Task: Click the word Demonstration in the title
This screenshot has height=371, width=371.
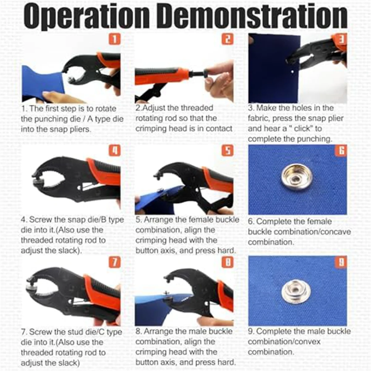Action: click(x=254, y=16)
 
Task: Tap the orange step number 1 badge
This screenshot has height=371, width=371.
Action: click(x=114, y=39)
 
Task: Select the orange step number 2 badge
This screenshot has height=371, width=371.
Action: click(x=228, y=39)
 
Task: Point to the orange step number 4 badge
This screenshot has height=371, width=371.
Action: click(x=114, y=151)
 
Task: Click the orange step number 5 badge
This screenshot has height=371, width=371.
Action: click(x=228, y=151)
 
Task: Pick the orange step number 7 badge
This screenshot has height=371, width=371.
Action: click(x=114, y=262)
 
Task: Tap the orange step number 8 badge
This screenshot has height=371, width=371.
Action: click(x=228, y=262)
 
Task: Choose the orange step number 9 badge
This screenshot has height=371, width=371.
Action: click(x=341, y=262)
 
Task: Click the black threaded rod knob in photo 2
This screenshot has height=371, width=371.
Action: click(x=204, y=75)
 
